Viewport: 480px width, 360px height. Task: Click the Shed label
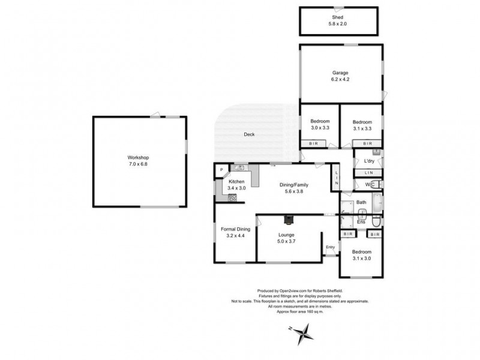tap(340, 18)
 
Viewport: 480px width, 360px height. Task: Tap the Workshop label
tap(138, 157)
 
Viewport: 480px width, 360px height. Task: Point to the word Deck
tap(249, 134)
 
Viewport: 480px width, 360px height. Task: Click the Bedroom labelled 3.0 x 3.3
tap(319, 121)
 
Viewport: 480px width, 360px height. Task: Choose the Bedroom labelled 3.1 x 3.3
tap(362, 121)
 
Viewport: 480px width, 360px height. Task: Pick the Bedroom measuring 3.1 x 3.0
tap(361, 251)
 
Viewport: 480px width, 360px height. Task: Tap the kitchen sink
tap(238, 169)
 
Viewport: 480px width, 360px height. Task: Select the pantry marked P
tap(221, 170)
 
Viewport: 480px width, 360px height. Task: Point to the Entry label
tap(330, 247)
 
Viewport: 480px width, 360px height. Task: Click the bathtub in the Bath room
tap(376, 204)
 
